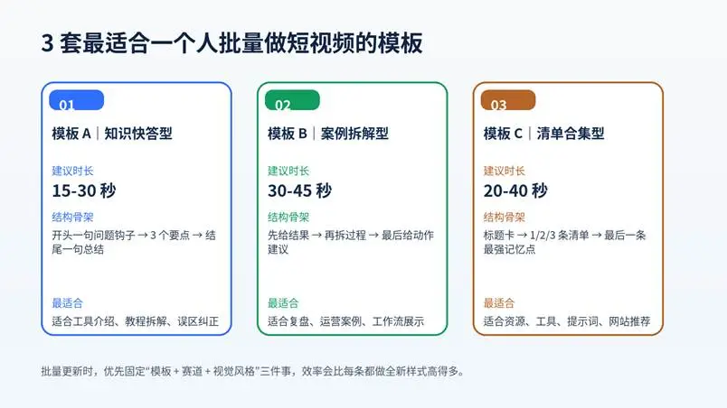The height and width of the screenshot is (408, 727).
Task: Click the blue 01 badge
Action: pos(77,100)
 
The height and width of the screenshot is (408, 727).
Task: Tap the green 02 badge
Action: pos(292,100)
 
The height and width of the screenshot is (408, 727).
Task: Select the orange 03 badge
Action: pos(508,100)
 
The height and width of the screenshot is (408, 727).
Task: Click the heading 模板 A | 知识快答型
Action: pos(112,134)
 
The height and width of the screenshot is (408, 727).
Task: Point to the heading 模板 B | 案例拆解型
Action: pos(328,134)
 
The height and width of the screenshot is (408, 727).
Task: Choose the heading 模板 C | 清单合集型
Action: pos(543,134)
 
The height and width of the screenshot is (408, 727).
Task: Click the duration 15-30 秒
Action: pos(84,190)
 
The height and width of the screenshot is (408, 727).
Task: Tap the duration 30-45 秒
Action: pos(299,190)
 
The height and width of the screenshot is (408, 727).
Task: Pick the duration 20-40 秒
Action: pos(515,190)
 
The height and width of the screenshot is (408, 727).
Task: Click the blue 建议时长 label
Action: pos(72,171)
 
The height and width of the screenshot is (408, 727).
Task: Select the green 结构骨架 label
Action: pos(288,217)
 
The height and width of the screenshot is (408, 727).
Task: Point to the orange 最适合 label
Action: pos(499,303)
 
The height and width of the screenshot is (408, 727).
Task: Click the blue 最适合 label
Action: pos(67,303)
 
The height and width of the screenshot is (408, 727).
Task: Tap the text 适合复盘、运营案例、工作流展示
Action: pos(346,321)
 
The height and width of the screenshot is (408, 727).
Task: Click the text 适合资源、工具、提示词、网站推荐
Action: pos(567,321)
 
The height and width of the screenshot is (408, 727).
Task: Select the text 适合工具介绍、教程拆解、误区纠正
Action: pos(136,321)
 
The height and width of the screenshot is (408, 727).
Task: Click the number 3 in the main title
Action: pos(47,43)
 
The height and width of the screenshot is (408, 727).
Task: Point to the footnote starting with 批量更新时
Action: pos(252,371)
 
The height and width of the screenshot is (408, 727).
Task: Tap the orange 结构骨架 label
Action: pos(504,217)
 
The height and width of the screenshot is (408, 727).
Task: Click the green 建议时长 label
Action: pos(288,171)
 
